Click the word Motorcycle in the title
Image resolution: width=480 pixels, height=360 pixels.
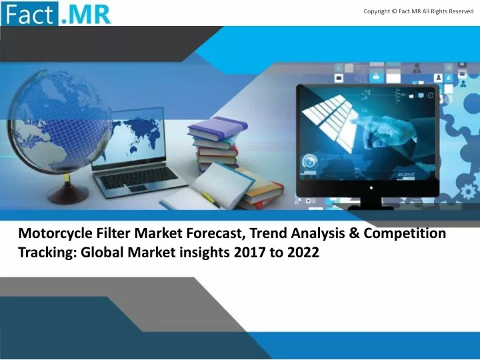pos(55,234)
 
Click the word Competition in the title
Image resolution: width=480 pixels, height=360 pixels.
pos(405,234)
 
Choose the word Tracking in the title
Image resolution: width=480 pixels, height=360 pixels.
pos(47,253)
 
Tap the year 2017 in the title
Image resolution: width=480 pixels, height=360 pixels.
pos(249,253)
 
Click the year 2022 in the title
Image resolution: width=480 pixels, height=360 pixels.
pos(303,253)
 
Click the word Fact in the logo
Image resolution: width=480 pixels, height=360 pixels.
pos(30,15)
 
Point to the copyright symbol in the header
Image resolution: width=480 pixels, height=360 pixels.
pos(394,11)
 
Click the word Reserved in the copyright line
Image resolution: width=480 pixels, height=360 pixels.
pos(461,11)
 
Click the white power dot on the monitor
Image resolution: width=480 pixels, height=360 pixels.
pos(371,188)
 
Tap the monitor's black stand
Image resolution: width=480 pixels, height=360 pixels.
pos(371,203)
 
